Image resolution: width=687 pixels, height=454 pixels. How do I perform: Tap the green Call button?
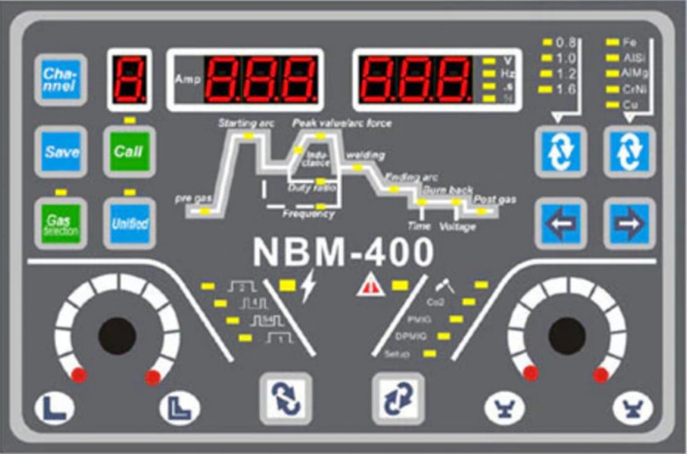pyautogui.click(x=129, y=152)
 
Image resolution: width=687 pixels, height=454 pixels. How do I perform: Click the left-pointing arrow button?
pyautogui.click(x=559, y=222)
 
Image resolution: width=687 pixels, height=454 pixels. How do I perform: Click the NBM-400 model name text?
pyautogui.click(x=342, y=252)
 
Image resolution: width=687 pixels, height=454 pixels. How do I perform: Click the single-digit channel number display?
pyautogui.click(x=129, y=79)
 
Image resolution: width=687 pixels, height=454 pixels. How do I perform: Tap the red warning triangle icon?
pyautogui.click(x=370, y=285)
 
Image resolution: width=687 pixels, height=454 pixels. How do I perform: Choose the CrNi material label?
pyautogui.click(x=633, y=89)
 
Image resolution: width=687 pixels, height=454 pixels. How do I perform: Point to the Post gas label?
pyautogui.click(x=495, y=200)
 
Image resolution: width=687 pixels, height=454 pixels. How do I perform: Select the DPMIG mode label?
pyautogui.click(x=410, y=336)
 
